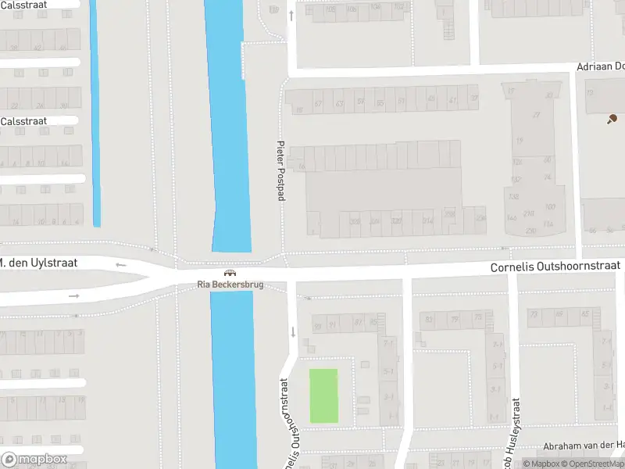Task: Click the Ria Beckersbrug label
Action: pos(230,285)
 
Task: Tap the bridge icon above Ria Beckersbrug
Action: pos(230,274)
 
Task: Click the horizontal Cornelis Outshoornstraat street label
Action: pos(555,267)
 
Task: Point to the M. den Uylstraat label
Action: pos(38,263)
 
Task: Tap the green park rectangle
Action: pos(323,396)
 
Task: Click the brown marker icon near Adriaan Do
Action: pos(612,119)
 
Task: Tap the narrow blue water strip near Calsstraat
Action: pos(95,117)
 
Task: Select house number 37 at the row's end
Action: pos(473,98)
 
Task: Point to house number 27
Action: pos(536,115)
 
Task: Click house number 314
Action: pos(427,221)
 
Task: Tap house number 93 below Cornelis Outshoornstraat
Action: pos(316,324)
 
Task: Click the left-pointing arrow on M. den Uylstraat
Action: pos(120,265)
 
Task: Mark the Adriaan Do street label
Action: pos(600,67)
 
